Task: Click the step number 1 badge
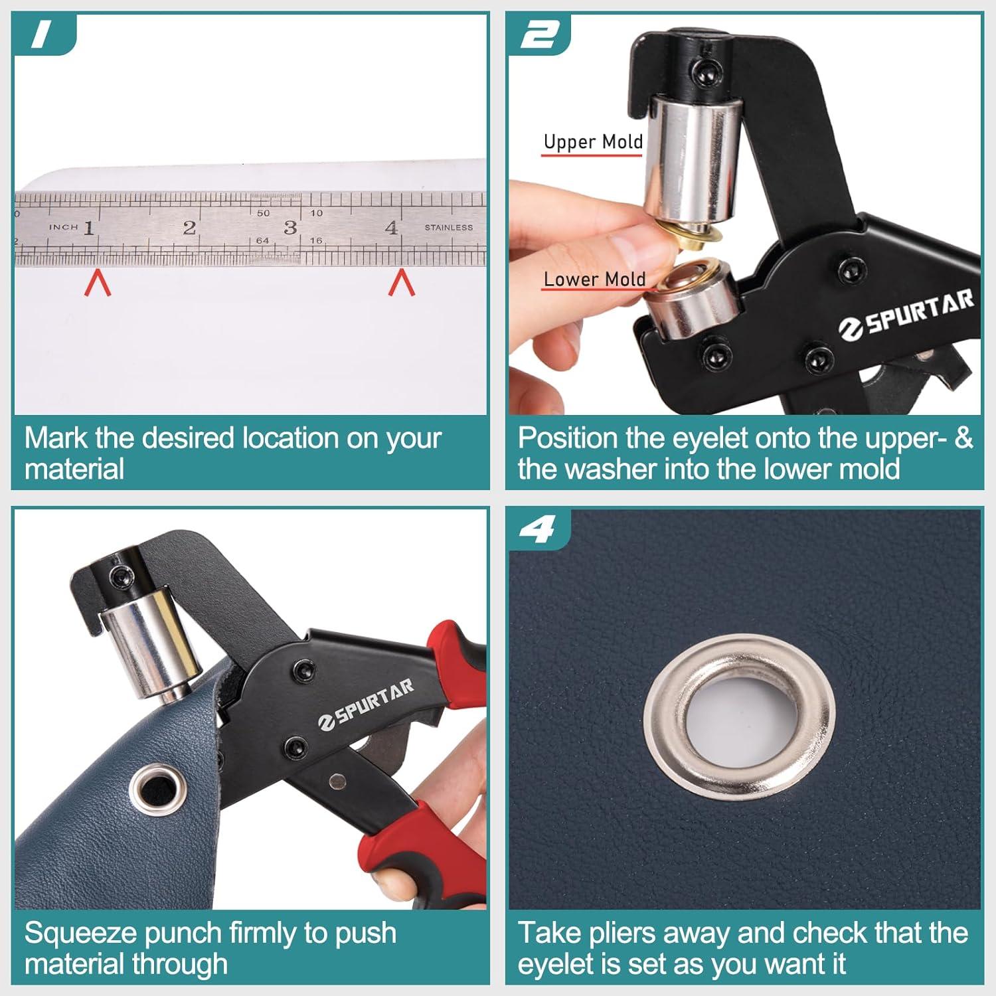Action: [41, 35]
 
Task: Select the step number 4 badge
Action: [537, 530]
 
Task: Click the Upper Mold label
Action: [593, 142]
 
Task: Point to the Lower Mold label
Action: [594, 280]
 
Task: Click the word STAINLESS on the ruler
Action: [449, 228]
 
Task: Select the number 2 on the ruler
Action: [189, 228]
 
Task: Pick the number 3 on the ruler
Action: [290, 228]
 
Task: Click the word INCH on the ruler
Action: [64, 227]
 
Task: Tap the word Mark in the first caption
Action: [55, 438]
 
